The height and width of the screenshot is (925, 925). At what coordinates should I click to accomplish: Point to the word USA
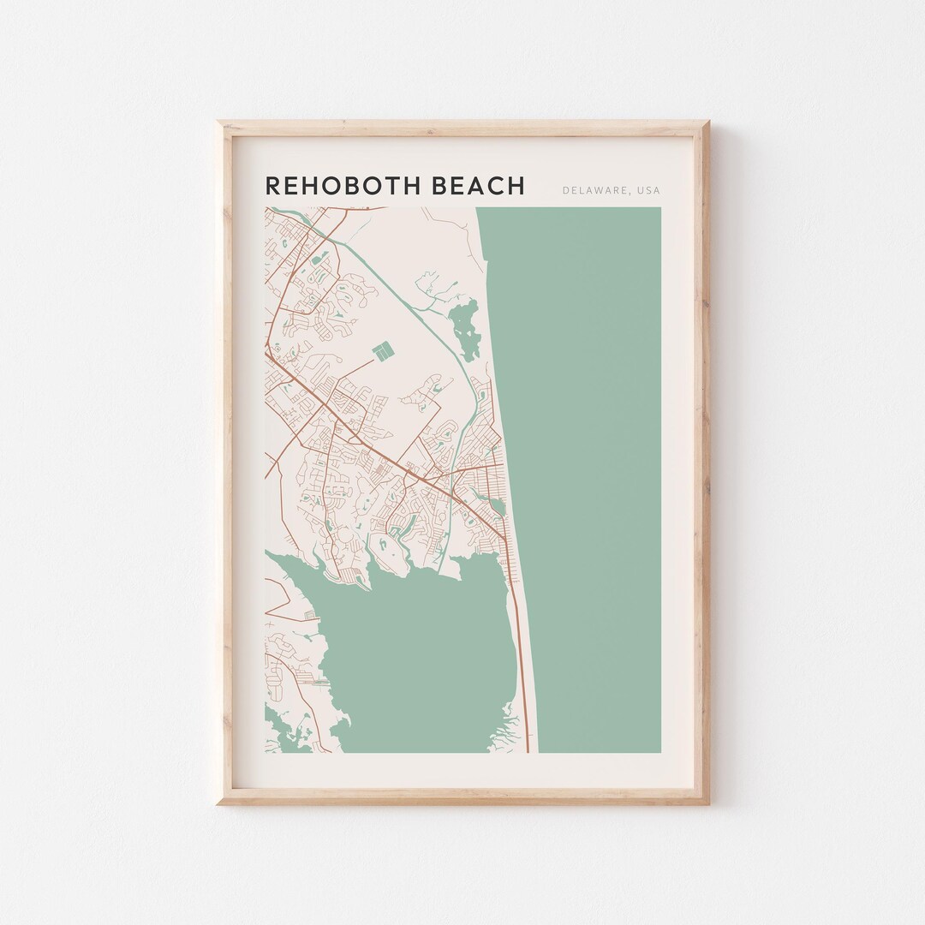(x=648, y=190)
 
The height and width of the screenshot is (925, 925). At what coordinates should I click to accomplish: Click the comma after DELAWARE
(x=630, y=193)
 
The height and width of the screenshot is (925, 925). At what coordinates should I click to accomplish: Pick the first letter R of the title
(x=272, y=186)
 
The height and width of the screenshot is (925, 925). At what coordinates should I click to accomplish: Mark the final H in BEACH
(x=516, y=186)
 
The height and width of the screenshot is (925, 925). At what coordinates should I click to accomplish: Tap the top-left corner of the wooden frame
(x=219, y=123)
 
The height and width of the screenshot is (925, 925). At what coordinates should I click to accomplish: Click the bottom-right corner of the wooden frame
(x=707, y=803)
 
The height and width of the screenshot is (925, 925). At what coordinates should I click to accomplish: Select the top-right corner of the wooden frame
(x=707, y=123)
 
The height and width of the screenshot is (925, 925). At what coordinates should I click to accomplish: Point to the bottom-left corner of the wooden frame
(x=219, y=803)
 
